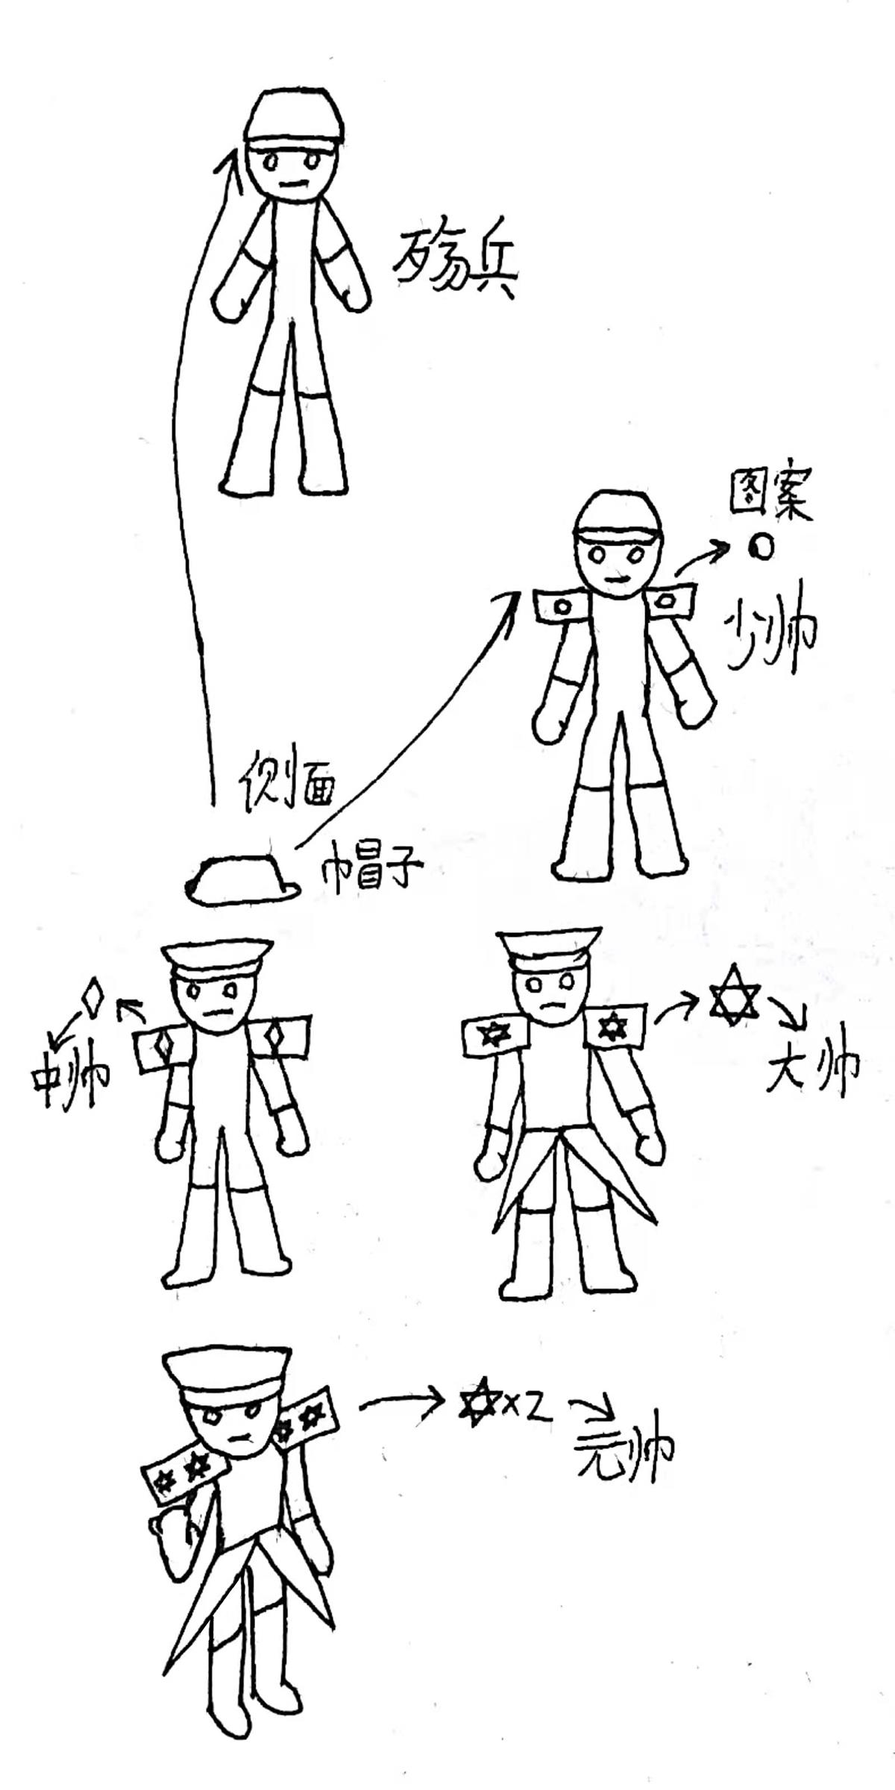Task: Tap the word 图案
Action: click(x=768, y=497)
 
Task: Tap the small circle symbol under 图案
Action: click(x=760, y=548)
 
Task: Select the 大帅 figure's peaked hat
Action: click(x=551, y=951)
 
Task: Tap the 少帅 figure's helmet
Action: click(x=618, y=515)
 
